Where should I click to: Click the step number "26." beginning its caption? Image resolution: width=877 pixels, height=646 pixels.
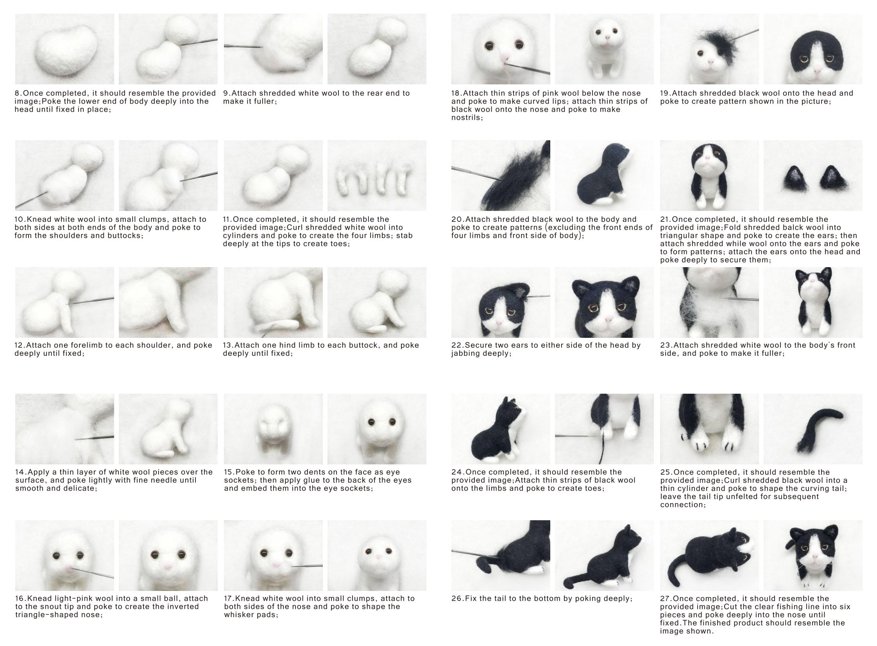point(457,598)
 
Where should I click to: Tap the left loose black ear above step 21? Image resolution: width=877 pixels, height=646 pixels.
point(794,178)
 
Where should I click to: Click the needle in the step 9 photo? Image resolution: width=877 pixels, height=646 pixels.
point(243,46)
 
